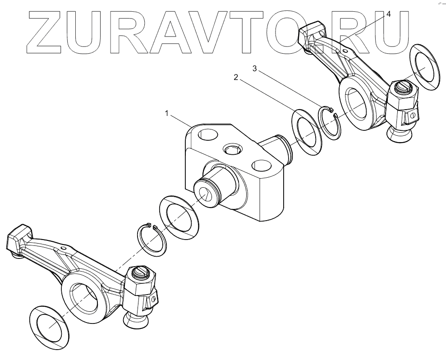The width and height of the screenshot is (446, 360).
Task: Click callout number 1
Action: (167, 114)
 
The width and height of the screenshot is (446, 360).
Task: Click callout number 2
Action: (235, 78)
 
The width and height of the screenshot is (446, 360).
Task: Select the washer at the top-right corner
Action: (425, 67)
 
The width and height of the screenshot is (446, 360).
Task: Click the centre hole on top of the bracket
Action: (233, 148)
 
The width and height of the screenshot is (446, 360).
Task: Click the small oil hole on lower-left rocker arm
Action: (64, 248)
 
